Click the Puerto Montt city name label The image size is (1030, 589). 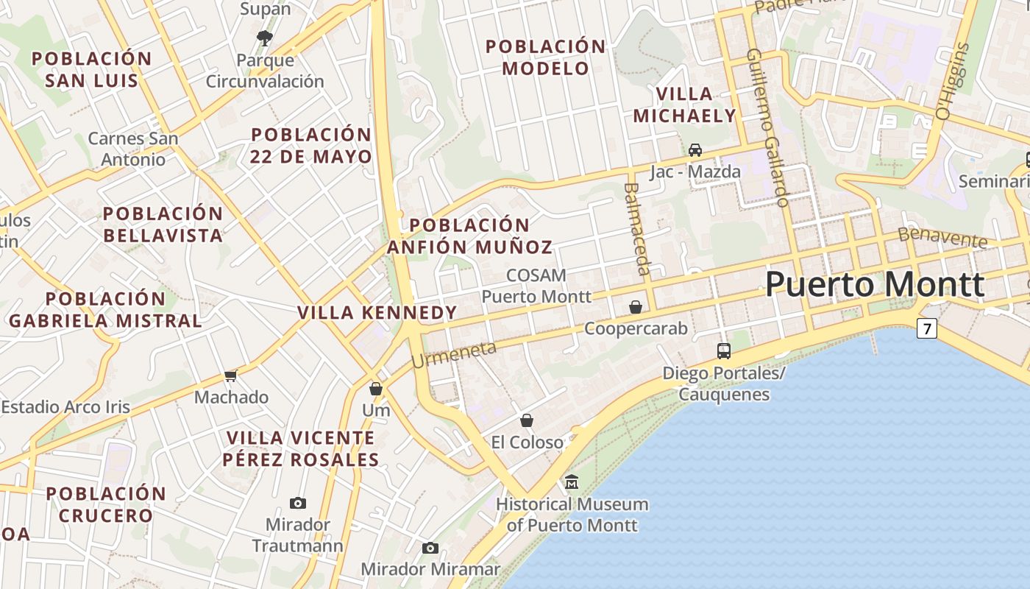coord(875,285)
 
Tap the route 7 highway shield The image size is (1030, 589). coord(926,328)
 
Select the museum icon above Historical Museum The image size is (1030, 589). coord(572,482)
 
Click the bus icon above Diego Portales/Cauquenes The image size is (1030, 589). coord(724,350)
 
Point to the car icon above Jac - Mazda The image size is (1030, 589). coord(695,150)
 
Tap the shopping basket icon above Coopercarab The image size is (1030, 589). coord(636,306)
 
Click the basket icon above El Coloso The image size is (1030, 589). coord(527,420)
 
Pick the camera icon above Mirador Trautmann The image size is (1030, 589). coord(298,503)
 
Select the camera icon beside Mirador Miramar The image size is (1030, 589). coord(430,548)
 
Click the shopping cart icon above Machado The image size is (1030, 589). coord(231,375)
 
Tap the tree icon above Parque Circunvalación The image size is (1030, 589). coord(265,37)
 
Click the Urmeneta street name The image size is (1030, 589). coord(454,354)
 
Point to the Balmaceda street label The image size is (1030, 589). coord(637,229)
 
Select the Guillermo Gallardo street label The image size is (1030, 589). coord(768,127)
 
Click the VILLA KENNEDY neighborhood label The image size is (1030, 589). coord(377,313)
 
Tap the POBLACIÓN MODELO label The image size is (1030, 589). coord(545,57)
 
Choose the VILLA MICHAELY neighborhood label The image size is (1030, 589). coord(684,105)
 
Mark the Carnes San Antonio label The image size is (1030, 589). coord(133,149)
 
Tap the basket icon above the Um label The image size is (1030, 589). coord(376,389)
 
